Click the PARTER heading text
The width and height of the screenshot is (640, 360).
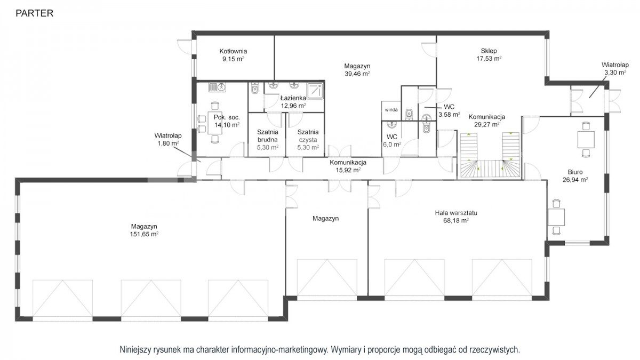(34, 13)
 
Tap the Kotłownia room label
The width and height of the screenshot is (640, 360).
(233, 51)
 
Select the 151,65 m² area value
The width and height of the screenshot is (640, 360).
(144, 234)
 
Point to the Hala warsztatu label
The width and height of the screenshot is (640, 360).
(456, 213)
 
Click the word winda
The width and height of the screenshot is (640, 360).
(391, 110)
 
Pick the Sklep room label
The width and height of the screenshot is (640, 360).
(489, 51)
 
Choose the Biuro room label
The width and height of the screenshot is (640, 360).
(575, 172)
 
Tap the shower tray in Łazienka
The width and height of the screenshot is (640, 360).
(315, 91)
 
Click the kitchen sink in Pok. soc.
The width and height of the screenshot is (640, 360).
(217, 87)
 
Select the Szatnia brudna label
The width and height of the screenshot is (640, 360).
(267, 136)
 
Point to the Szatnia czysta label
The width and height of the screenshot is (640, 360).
(308, 136)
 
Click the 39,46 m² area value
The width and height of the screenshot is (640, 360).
(357, 74)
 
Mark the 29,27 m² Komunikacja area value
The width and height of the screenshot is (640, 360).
(486, 125)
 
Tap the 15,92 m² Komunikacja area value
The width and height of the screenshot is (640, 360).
(348, 170)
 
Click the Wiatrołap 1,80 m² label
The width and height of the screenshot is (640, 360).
(168, 139)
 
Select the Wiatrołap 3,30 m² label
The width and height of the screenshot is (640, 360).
(615, 69)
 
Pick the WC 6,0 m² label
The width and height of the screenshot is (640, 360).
(392, 141)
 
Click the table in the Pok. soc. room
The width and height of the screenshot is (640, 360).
(215, 123)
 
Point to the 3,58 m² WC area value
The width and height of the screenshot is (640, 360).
(449, 115)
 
